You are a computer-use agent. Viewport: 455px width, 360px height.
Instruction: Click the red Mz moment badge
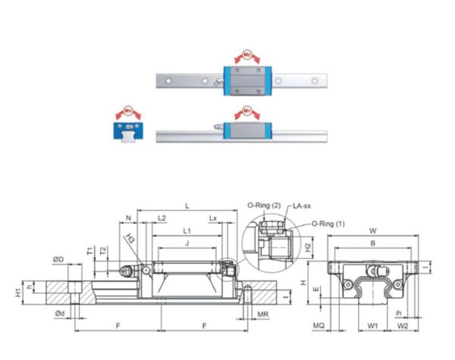[246, 55]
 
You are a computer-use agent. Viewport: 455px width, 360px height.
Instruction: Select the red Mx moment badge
[128, 111]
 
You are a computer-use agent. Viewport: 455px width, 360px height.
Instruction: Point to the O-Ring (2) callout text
[265, 205]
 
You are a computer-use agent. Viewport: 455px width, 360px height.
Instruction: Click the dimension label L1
[187, 230]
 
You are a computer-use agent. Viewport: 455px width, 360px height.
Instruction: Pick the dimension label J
[187, 243]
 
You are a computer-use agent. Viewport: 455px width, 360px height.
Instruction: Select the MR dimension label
[263, 314]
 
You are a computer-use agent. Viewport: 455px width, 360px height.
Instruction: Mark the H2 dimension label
[308, 246]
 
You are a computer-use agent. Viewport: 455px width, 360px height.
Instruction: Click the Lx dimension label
[214, 218]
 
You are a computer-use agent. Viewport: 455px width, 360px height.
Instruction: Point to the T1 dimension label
[89, 251]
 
